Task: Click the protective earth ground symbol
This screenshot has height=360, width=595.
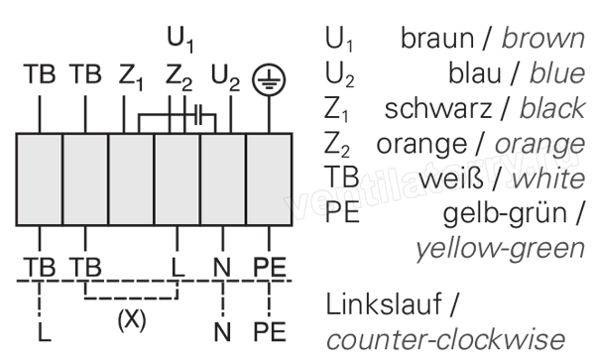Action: (x=269, y=79)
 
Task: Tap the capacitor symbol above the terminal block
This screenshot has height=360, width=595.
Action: (x=199, y=115)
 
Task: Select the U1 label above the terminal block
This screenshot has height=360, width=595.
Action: (x=180, y=40)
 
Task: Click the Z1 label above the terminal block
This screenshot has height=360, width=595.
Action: (x=131, y=77)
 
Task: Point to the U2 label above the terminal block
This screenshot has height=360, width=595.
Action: (x=225, y=77)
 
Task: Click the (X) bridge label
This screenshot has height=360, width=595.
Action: (x=132, y=319)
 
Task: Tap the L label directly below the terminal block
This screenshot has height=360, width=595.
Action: (x=178, y=267)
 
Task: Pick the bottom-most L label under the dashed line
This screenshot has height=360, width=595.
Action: (x=45, y=332)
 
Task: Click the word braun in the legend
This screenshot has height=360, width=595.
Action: (x=437, y=39)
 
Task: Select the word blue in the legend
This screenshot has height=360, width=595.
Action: (x=557, y=73)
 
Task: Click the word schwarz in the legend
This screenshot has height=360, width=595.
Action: (x=438, y=108)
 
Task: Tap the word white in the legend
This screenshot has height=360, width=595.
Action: (x=548, y=179)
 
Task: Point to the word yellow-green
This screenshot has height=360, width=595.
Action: (x=501, y=249)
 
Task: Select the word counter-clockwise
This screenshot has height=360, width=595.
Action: (x=445, y=339)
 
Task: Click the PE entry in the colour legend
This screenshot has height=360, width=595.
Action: (x=342, y=213)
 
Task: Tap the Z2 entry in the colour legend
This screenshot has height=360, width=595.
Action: (x=337, y=144)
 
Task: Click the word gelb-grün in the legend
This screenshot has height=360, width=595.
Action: (x=505, y=214)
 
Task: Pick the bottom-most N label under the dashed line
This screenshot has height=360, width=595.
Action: (x=222, y=332)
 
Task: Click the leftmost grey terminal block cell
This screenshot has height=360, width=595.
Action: (x=40, y=180)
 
